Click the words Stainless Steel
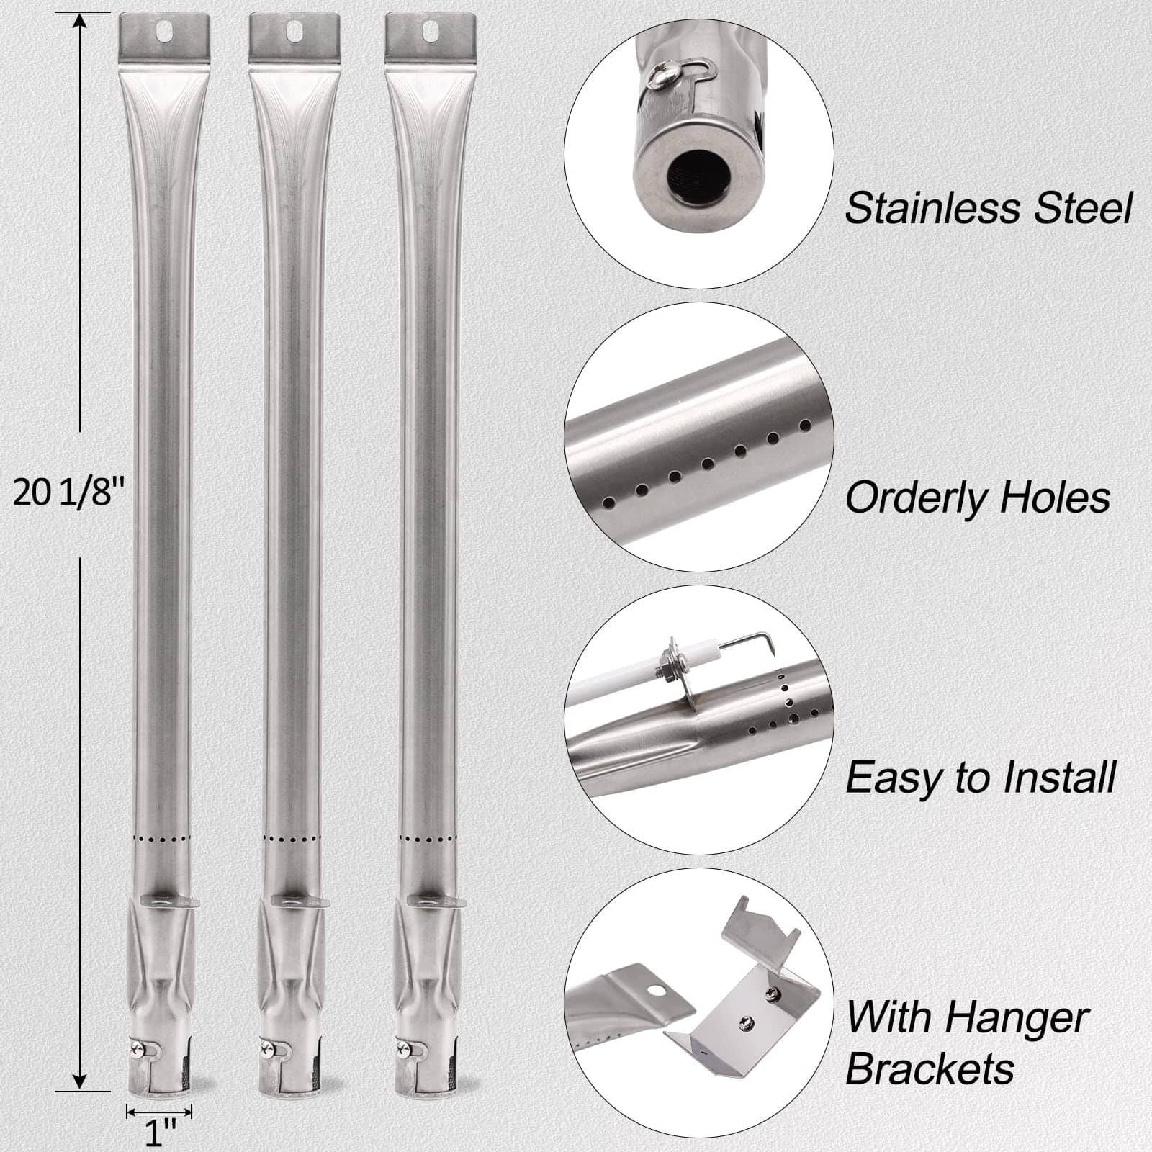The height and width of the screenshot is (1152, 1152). (x=988, y=208)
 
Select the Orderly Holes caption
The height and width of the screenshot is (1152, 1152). (x=977, y=498)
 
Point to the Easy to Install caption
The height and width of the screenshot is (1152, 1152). (x=980, y=778)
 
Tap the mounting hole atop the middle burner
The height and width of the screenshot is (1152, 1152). (x=294, y=30)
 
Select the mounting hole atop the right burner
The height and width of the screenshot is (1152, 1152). (x=430, y=30)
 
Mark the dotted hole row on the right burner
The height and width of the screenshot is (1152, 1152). (x=428, y=840)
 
